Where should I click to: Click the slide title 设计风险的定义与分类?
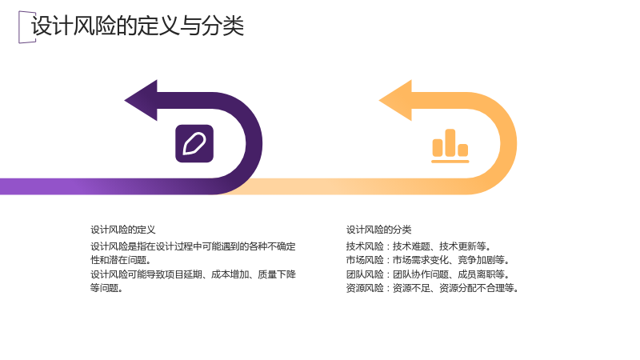(138, 26)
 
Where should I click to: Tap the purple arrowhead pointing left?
(142, 101)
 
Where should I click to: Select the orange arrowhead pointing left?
(396, 101)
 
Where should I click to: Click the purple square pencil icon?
(194, 144)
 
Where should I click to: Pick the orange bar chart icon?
(450, 146)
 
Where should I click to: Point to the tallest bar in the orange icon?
(450, 142)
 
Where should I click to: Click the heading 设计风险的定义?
(123, 230)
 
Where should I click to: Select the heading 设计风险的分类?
(378, 230)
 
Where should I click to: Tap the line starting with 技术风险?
(418, 246)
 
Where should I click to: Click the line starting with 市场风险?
(428, 260)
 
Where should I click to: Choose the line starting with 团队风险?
(428, 274)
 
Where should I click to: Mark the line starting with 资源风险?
(433, 288)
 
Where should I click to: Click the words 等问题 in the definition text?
(106, 288)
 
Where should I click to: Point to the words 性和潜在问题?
(121, 260)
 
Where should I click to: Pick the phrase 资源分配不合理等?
(479, 288)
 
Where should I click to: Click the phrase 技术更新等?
(465, 246)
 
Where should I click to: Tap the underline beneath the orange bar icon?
(450, 162)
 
